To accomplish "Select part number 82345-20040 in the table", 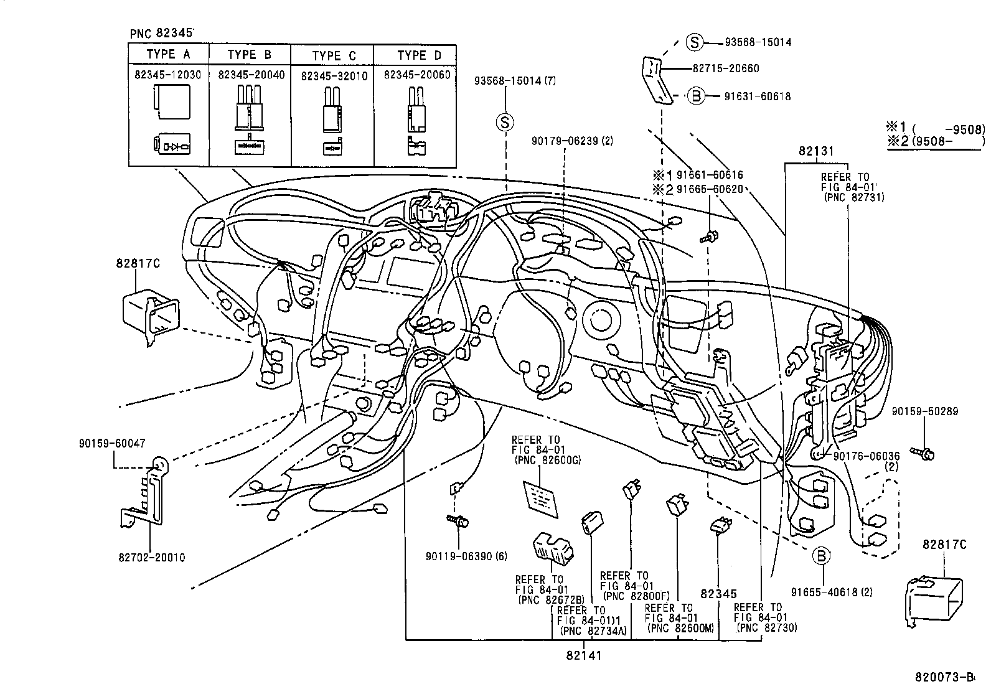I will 251,75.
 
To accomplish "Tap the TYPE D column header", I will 419,55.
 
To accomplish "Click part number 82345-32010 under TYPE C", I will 334,75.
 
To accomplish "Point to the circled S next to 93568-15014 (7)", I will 504,122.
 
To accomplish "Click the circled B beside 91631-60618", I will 697,96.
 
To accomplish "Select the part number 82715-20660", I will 726,68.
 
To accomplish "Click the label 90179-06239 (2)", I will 572,141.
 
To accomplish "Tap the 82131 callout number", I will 816,151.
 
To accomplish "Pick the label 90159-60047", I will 112,443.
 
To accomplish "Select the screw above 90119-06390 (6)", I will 459,522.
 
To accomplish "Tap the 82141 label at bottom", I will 584,655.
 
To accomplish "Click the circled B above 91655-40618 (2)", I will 821,555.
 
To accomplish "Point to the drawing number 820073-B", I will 944,677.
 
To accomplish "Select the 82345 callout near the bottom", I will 719,594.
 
